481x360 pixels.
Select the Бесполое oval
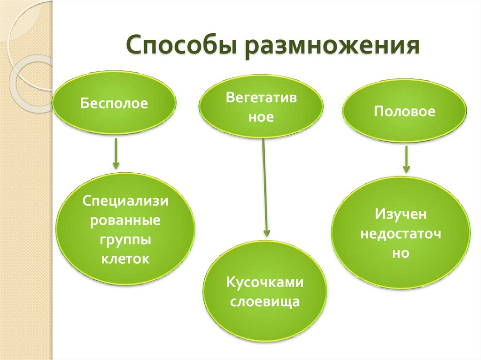click(114, 103)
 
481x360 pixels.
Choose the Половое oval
click(404, 111)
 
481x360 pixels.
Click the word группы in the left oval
click(125, 239)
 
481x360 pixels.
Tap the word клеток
click(125, 258)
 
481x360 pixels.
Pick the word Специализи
click(125, 201)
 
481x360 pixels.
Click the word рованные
click(125, 221)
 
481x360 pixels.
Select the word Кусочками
click(265, 283)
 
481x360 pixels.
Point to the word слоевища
click(265, 301)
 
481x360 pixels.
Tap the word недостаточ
click(401, 234)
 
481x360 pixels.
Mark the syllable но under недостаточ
click(401, 253)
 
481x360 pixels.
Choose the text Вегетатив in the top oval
click(261, 98)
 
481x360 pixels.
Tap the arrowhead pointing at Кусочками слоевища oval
click(267, 232)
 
